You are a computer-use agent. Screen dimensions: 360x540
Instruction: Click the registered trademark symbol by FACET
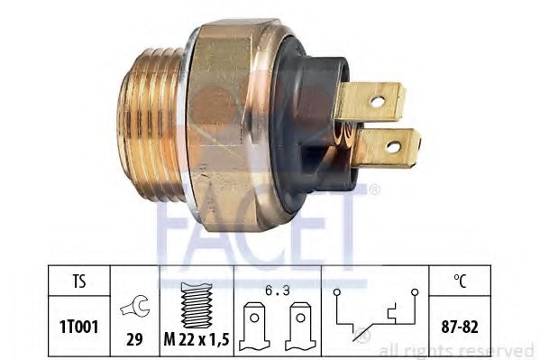[x=374, y=189]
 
